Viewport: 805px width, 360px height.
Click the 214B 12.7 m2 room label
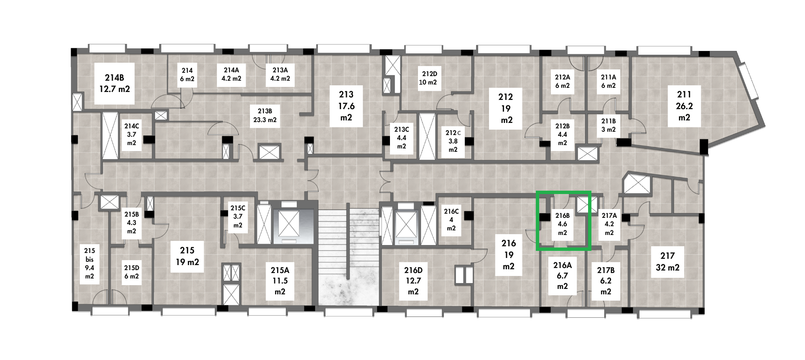[114, 83]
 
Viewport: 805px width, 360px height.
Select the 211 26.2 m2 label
[684, 106]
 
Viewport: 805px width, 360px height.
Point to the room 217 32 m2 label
[667, 261]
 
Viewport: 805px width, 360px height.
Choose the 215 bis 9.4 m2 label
[89, 263]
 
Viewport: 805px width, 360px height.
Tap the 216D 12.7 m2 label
[413, 281]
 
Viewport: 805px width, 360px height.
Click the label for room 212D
[428, 78]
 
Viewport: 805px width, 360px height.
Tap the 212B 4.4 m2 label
[562, 134]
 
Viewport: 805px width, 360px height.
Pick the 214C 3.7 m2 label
[131, 134]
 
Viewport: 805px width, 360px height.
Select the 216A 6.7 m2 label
[562, 276]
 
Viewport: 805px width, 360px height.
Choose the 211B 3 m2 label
[609, 125]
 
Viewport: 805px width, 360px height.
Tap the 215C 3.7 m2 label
[238, 216]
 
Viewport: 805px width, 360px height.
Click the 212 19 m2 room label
[505, 109]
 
